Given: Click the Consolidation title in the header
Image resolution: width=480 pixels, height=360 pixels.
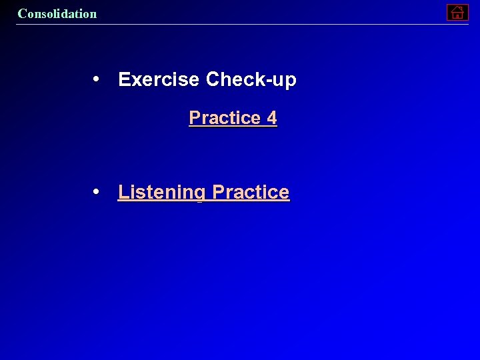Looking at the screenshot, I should click(x=57, y=13).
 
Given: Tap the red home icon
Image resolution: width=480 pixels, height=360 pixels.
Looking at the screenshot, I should click(x=457, y=12).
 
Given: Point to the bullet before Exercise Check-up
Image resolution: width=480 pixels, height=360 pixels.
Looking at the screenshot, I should click(x=97, y=79).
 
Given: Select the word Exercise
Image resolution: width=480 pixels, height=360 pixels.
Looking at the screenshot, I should click(x=159, y=80).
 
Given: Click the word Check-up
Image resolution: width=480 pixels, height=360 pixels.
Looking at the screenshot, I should click(x=251, y=80).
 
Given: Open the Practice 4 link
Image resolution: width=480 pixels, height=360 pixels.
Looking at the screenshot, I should click(x=233, y=118).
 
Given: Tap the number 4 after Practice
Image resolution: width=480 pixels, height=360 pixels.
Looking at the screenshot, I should click(x=271, y=118).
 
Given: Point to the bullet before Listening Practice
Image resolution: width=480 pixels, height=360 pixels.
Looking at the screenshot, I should click(x=97, y=192).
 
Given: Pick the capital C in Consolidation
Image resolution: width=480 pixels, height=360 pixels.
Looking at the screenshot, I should click(x=22, y=13).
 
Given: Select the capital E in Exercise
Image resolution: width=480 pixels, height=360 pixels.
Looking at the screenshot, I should click(x=124, y=80).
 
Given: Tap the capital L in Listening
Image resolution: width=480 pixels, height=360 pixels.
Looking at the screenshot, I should click(x=123, y=192).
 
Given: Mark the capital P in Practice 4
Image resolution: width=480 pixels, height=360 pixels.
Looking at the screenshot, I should click(x=195, y=118).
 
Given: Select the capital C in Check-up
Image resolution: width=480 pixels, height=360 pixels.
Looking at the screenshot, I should click(x=213, y=80).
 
